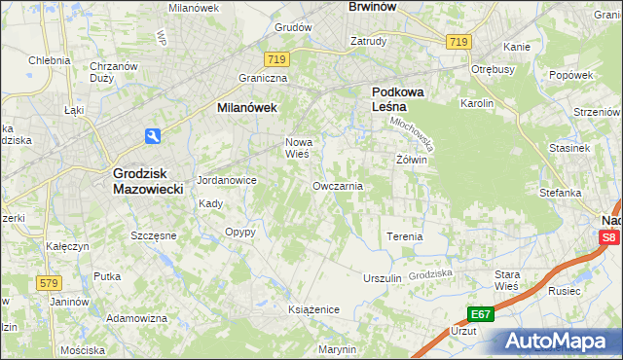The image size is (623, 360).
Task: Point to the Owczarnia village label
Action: coord(338,185)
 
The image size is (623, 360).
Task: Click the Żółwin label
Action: coord(412,159)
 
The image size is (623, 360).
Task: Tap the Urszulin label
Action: coord(382,277)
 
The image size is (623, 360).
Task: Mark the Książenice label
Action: coord(312,308)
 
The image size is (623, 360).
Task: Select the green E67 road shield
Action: coord(479,314)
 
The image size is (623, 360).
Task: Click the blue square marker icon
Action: coord(154,136)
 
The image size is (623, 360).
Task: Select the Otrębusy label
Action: coord(493,69)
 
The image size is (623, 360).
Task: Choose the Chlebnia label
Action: coord(49,59)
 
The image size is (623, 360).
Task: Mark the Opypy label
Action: coord(239,233)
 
